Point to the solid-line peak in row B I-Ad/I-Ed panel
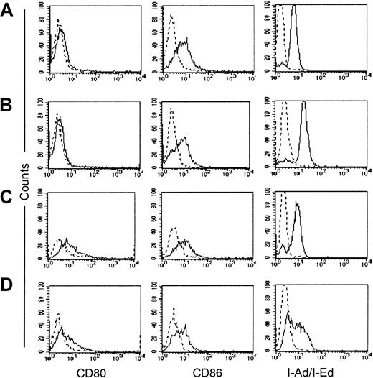[x=303, y=103]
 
